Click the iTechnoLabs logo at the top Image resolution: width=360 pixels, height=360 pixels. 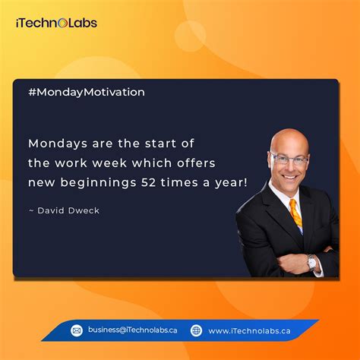(56, 22)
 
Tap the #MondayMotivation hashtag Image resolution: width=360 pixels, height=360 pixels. (86, 92)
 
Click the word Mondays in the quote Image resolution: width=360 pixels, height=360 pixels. (56, 142)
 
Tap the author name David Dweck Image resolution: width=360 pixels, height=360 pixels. (68, 210)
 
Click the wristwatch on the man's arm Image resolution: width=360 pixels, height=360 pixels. (311, 262)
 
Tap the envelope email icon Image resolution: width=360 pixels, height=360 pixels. (77, 330)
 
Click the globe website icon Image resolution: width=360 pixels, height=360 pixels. (196, 330)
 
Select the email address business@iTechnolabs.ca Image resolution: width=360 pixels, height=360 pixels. (132, 330)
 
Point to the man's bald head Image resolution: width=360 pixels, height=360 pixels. (289, 141)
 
